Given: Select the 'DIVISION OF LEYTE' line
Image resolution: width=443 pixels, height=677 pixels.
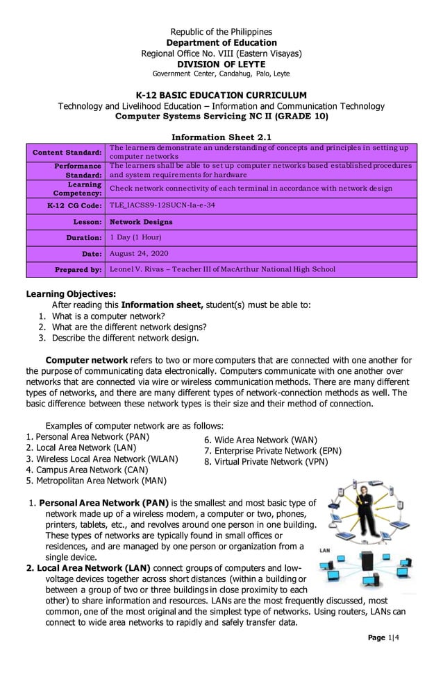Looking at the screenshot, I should point(221,64).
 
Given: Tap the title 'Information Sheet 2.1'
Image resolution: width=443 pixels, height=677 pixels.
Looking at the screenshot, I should point(221,137).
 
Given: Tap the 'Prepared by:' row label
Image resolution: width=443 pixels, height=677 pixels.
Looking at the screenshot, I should point(78,269).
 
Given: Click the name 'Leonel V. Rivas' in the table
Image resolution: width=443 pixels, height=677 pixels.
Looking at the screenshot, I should point(141,269).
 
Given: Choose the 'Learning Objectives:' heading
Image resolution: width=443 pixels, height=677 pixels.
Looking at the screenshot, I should point(71,293).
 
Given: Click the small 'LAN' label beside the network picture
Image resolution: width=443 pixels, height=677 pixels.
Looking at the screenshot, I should point(324,550).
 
